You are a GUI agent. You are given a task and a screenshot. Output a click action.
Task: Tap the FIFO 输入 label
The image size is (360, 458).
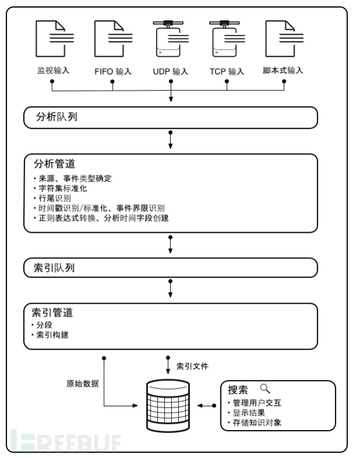(113, 72)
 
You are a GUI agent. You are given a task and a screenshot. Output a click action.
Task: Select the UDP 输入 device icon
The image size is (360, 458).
(171, 41)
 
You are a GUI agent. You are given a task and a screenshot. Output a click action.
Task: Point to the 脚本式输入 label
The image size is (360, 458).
(283, 71)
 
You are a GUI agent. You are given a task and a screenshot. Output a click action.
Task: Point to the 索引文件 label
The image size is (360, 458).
(192, 366)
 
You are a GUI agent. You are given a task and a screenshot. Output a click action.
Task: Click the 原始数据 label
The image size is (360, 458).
(82, 384)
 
